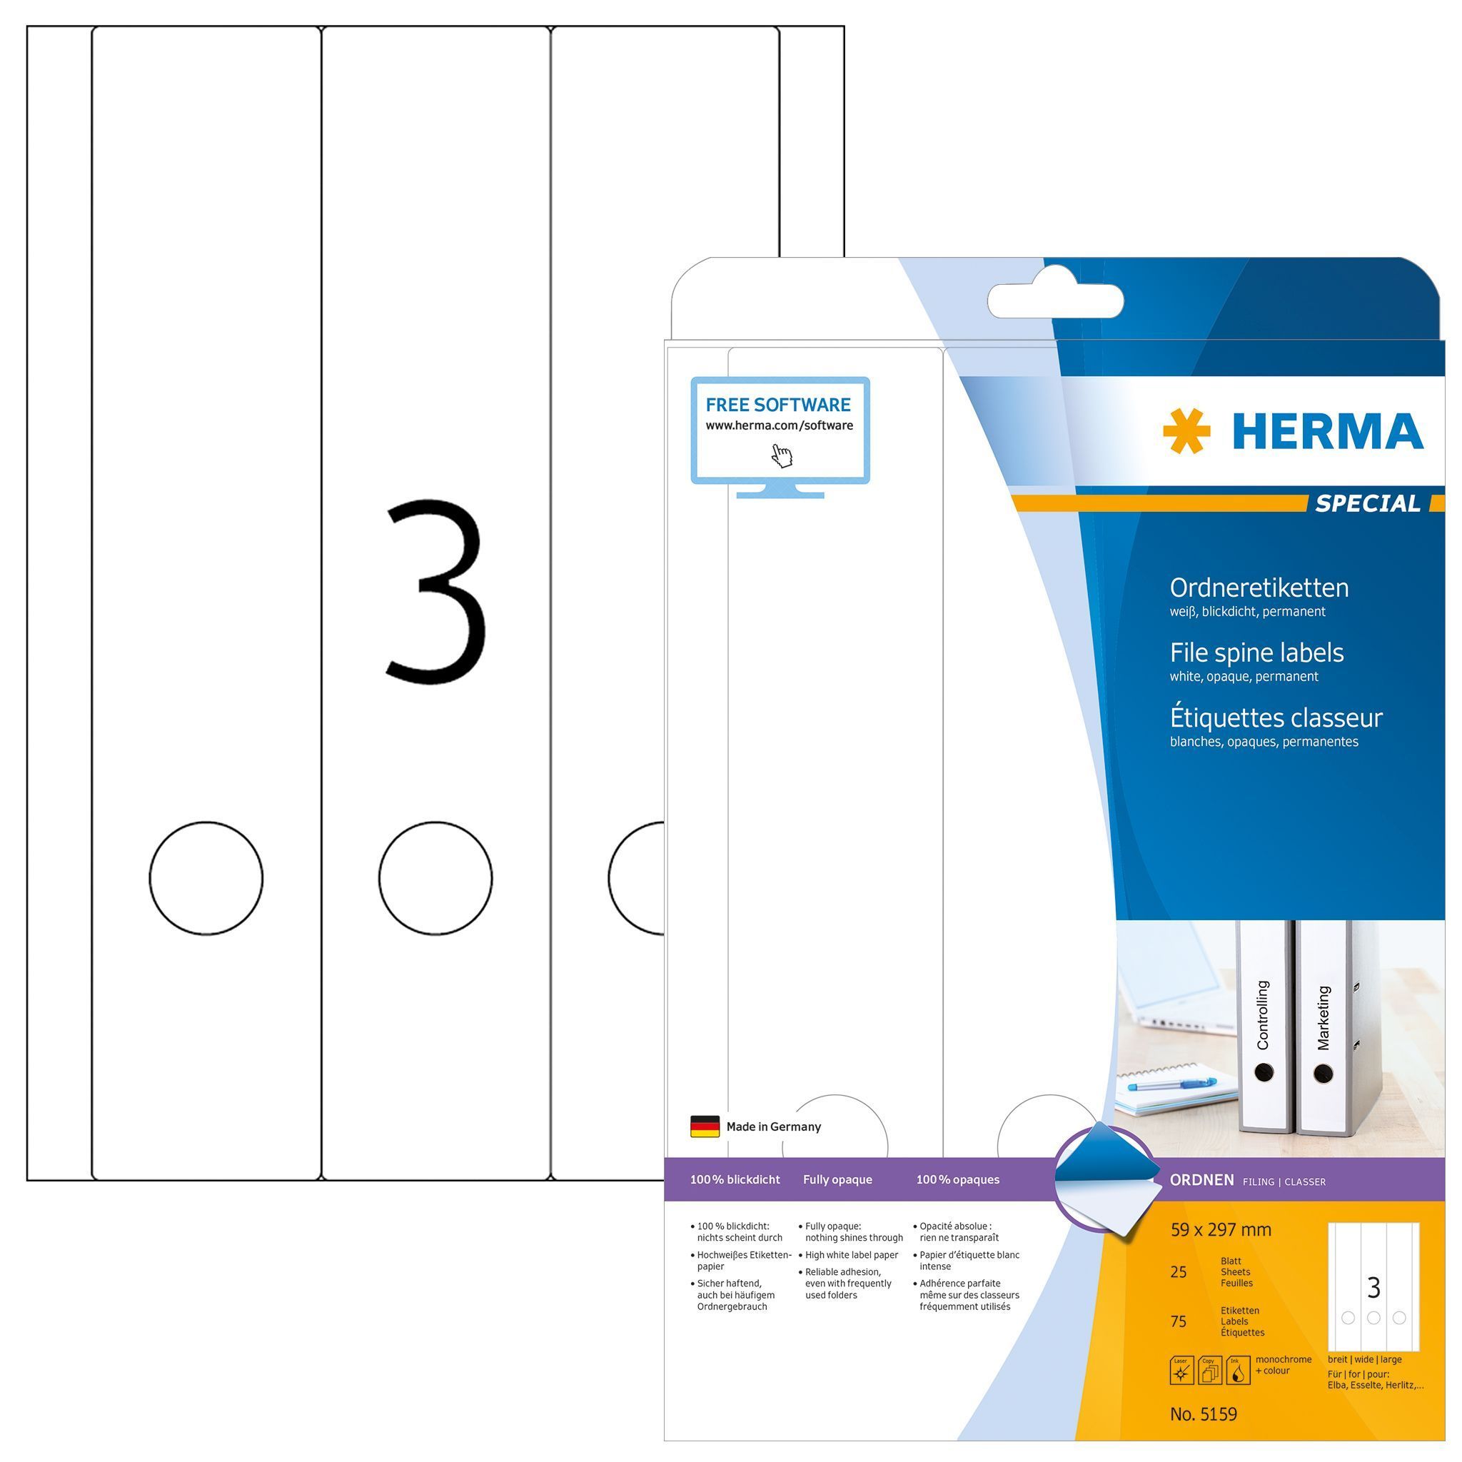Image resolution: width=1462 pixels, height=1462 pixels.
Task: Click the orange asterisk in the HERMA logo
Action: [1186, 430]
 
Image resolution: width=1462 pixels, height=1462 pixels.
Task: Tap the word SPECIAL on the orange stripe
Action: [1368, 503]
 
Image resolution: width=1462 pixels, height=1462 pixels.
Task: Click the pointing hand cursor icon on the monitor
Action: [782, 455]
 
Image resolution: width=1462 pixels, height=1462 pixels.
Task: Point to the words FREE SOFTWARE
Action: [778, 405]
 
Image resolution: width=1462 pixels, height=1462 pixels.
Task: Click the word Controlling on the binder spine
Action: [1262, 1015]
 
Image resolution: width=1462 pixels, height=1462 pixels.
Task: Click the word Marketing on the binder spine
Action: [1323, 1017]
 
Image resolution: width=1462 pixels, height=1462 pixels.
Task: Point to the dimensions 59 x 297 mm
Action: [1221, 1230]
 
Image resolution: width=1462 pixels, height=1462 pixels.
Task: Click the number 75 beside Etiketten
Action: [1178, 1321]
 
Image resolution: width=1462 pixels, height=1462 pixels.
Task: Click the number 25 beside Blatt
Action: [1178, 1272]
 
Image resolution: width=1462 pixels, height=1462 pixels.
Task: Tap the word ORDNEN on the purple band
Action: [1201, 1180]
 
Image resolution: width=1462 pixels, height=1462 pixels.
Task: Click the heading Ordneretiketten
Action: [1259, 588]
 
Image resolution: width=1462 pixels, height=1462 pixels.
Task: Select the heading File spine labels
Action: [1257, 653]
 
